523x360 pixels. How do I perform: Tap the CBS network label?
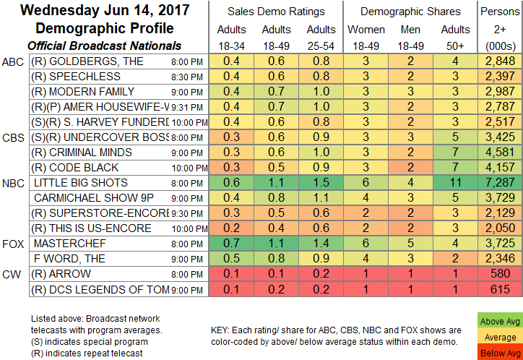(x=14, y=137)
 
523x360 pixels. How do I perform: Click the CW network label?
(x=12, y=274)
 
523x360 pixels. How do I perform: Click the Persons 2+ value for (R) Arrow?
(x=501, y=274)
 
